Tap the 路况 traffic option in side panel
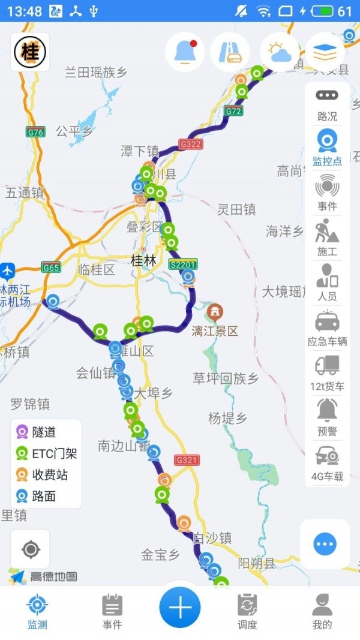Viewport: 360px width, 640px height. [x=327, y=104]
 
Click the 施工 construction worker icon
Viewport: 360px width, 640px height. [x=327, y=238]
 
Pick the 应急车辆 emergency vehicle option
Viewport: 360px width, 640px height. [x=327, y=327]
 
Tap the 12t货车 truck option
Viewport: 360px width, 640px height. [x=327, y=372]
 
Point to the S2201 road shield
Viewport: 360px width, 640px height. [x=183, y=265]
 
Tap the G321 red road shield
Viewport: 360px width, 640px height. [x=187, y=460]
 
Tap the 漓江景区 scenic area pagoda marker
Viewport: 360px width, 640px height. [x=214, y=312]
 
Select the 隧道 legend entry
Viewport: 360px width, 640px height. [x=44, y=432]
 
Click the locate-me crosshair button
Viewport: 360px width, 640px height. [x=30, y=549]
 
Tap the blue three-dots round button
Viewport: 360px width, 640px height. [x=325, y=545]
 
